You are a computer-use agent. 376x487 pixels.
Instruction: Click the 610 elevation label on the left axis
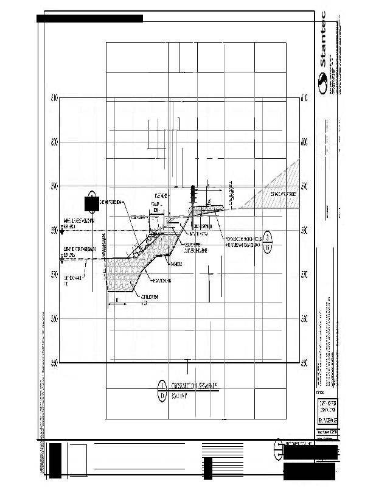pyautogui.click(x=54, y=98)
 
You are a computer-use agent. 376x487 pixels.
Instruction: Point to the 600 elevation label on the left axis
pyautogui.click(x=54, y=142)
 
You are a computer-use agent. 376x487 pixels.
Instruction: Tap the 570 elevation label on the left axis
pyautogui.click(x=54, y=275)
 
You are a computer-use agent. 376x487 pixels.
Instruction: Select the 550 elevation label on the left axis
pyautogui.click(x=54, y=363)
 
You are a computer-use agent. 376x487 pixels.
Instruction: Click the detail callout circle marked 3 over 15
pyautogui.click(x=268, y=242)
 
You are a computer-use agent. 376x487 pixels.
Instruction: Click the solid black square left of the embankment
pyautogui.click(x=91, y=203)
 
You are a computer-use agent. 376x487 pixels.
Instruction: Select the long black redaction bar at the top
pyautogui.click(x=89, y=18)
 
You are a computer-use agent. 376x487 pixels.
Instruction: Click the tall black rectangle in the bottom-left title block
pyautogui.click(x=56, y=461)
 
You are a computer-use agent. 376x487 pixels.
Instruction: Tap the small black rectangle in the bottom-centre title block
pyautogui.click(x=207, y=468)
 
